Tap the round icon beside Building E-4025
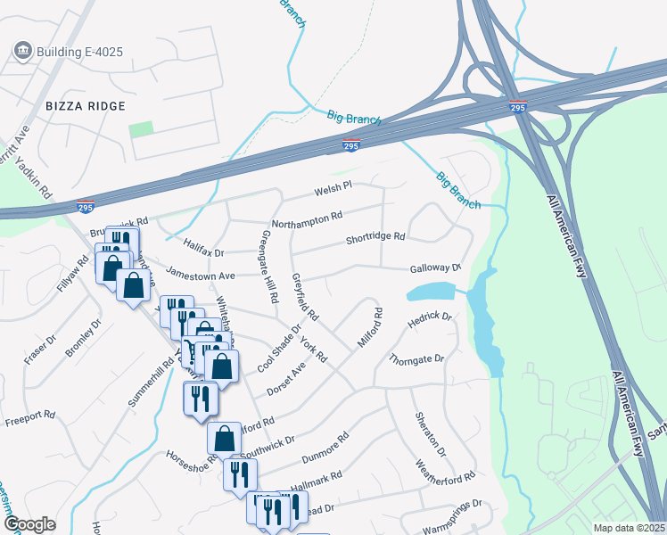pos(23,50)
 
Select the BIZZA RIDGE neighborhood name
pos(85,106)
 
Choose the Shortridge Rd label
pos(375,238)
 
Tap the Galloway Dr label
pos(435,268)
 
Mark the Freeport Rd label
pos(30,419)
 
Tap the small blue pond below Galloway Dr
pos(432,292)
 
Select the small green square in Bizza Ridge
pos(140,129)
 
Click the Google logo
pos(29,524)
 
